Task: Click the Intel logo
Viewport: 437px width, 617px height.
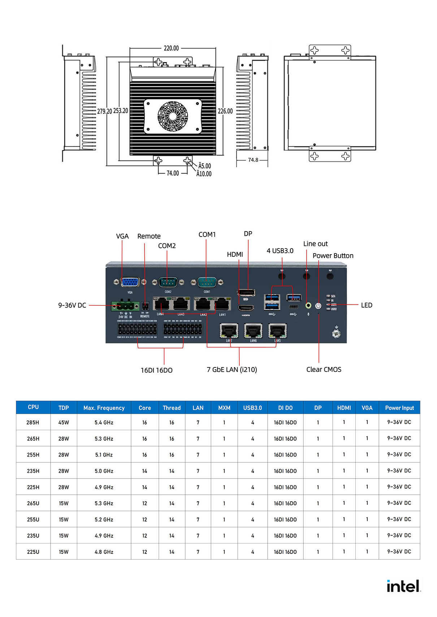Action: tap(403, 586)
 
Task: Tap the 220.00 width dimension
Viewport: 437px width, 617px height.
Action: tap(171, 48)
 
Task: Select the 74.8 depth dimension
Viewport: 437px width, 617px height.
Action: tap(253, 160)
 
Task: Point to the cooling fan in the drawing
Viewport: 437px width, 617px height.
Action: tap(173, 116)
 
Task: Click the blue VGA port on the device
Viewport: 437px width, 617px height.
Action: tap(130, 282)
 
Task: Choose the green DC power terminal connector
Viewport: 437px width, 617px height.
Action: tap(125, 307)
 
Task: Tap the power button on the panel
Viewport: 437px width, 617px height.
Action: tap(318, 306)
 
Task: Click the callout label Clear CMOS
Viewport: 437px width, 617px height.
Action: tap(324, 369)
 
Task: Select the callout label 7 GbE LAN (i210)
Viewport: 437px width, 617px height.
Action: tap(232, 370)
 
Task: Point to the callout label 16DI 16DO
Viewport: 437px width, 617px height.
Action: tap(156, 370)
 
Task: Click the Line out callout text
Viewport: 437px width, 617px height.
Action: tap(315, 244)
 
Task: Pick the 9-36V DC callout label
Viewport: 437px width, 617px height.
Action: tap(72, 305)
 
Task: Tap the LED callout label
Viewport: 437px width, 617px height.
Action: tap(367, 305)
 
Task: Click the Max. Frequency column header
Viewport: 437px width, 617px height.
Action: tap(104, 408)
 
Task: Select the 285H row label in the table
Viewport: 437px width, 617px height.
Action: tap(33, 422)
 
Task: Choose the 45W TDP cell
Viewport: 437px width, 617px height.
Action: tap(64, 422)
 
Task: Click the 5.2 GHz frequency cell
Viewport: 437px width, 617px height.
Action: tap(104, 520)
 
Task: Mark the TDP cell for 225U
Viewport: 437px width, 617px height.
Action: tap(64, 552)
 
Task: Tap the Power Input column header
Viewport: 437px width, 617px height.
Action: tap(399, 408)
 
